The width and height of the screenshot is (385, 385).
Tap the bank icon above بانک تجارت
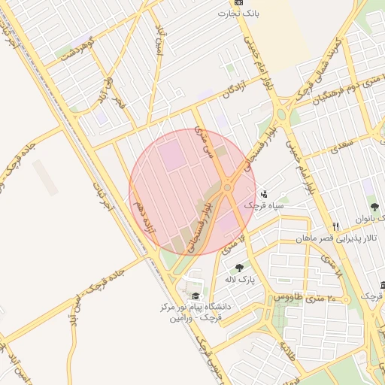[238, 2]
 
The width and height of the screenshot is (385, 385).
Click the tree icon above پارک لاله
[239, 268]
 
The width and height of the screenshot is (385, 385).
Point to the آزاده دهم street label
[143, 216]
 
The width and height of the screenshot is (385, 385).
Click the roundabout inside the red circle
[227, 187]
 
